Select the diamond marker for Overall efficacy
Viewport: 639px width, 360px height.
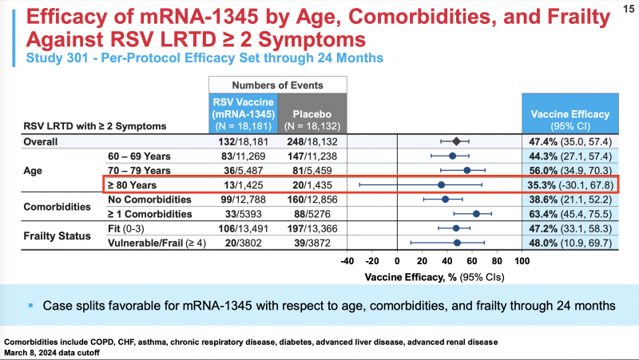[456, 141]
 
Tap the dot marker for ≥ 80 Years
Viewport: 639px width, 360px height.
[441, 184]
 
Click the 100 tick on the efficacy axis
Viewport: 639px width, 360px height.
[522, 260]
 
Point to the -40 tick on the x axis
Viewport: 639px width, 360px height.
[347, 260]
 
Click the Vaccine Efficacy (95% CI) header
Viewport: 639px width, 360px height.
[570, 118]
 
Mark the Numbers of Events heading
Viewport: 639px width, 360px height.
[278, 84]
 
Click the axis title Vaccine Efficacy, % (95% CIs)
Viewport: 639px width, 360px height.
[435, 276]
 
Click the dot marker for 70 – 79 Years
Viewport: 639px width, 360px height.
[466, 170]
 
